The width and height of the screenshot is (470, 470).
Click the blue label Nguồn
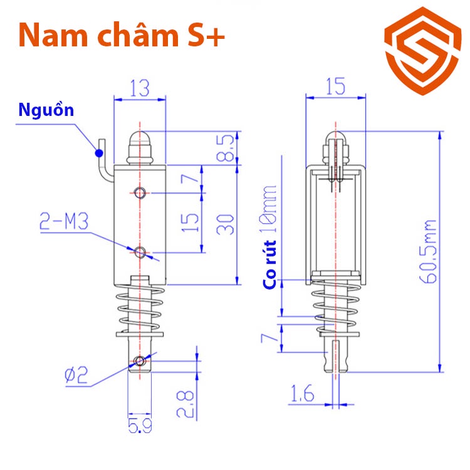tap(46, 111)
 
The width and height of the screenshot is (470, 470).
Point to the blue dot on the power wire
tap(97, 151)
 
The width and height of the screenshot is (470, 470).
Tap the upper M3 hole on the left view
tap(140, 192)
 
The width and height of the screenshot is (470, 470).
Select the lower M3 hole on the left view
tap(140, 253)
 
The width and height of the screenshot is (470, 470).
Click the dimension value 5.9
tap(139, 426)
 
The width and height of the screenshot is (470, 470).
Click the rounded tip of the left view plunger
tap(140, 138)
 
